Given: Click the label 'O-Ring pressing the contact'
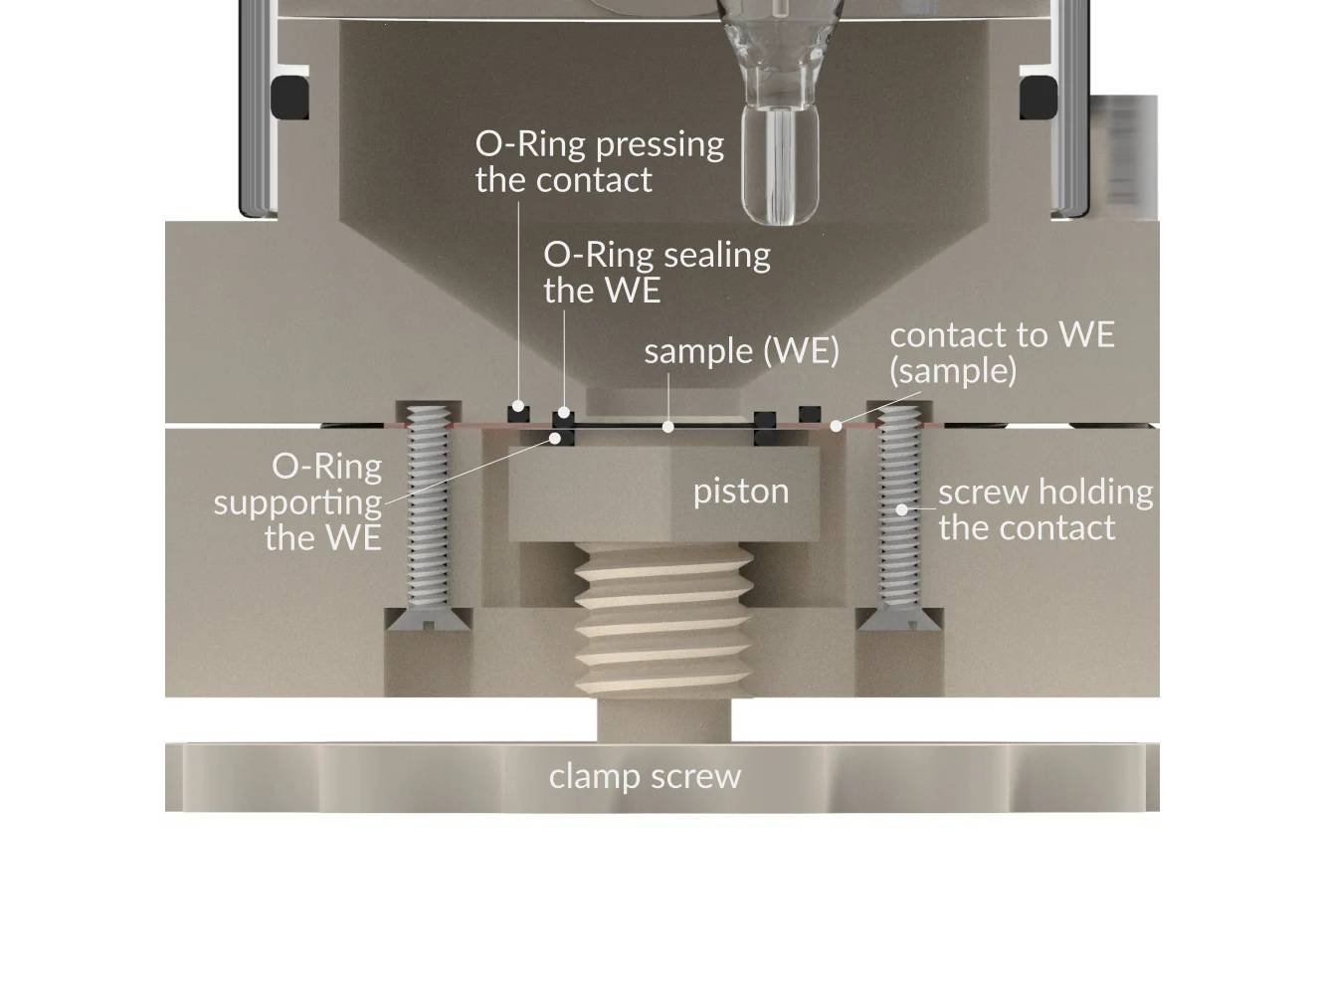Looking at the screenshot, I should tap(599, 161).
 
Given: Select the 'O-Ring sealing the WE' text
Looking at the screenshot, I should tap(657, 272).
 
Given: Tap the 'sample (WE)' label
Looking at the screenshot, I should tap(741, 350).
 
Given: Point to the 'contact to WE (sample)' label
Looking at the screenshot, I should tap(1002, 352).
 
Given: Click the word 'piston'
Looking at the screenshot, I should tap(741, 491).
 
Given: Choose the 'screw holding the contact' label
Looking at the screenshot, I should tap(1044, 508).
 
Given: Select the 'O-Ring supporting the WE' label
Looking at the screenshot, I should tap(298, 501).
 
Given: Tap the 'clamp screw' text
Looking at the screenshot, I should tap(645, 776).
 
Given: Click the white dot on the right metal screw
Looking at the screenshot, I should tap(901, 509).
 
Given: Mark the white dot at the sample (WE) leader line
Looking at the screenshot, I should tap(668, 427).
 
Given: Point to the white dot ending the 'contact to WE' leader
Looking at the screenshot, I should tap(837, 426).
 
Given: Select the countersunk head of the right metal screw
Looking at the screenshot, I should tap(899, 619).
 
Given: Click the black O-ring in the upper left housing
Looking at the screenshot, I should tap(288, 98).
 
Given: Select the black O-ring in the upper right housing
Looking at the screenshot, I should tap(1038, 98).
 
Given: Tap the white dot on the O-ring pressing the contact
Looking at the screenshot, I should tap(517, 407).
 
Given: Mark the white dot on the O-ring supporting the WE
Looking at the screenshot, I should tap(556, 436).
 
